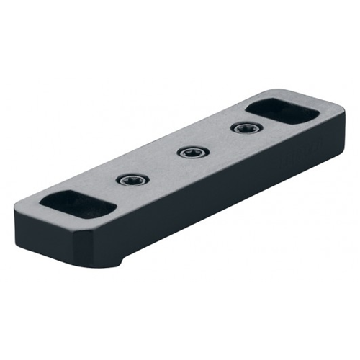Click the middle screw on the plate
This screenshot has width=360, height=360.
point(191,153)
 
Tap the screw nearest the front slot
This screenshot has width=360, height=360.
point(132,180)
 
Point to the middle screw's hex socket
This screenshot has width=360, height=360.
point(191,153)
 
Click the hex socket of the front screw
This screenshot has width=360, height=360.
point(132,180)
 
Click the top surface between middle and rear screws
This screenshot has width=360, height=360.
point(216,141)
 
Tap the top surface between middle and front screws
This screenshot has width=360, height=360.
point(162,166)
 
